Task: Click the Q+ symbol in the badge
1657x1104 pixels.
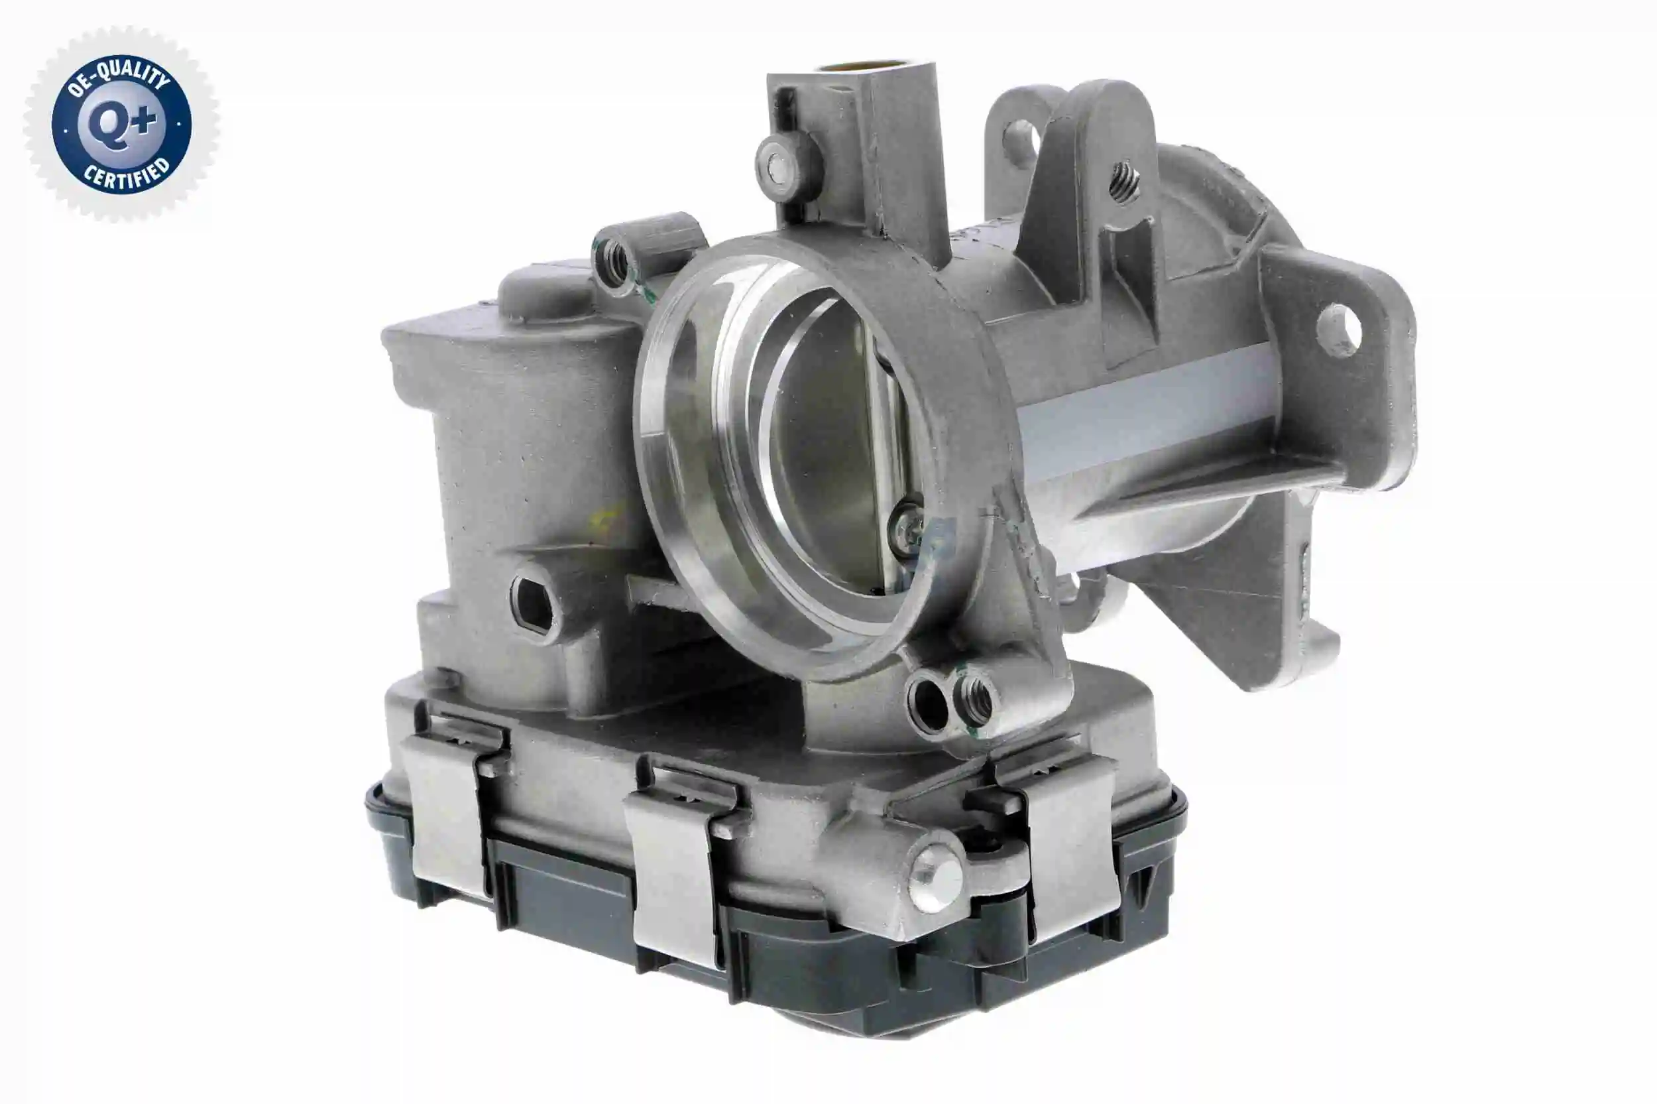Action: coord(121,125)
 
